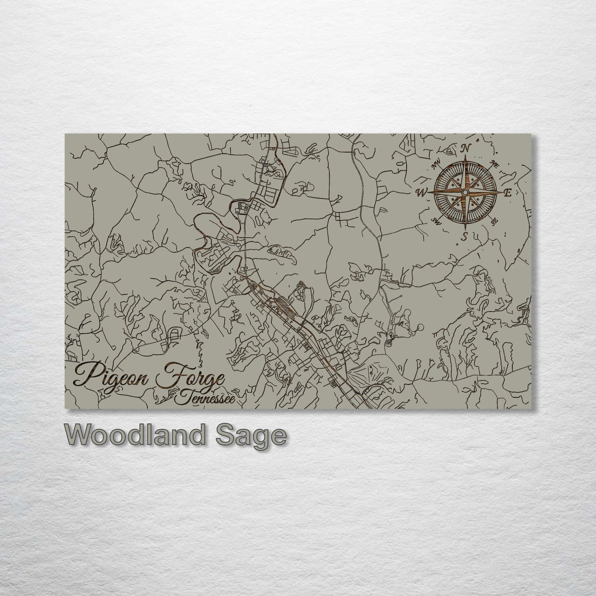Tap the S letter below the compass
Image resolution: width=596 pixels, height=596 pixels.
(x=465, y=237)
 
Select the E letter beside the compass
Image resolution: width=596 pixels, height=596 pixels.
(x=508, y=193)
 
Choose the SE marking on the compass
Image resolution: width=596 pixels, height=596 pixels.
(x=494, y=221)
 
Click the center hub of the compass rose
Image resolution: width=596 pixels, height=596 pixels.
(x=465, y=193)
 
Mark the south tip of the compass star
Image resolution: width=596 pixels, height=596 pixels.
(x=465, y=229)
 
